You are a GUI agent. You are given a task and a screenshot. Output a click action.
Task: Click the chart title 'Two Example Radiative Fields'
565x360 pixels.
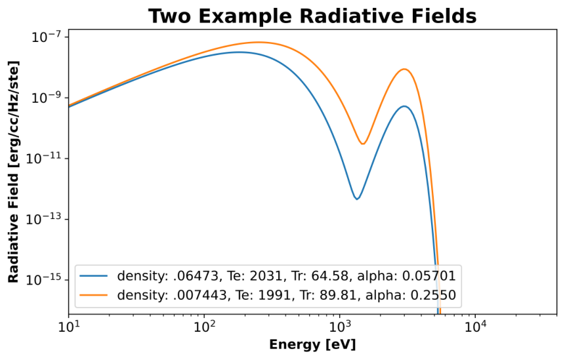click(x=312, y=16)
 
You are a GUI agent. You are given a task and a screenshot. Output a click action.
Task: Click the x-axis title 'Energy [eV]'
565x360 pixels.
click(x=312, y=345)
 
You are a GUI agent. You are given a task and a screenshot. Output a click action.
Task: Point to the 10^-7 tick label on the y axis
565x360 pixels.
click(x=45, y=37)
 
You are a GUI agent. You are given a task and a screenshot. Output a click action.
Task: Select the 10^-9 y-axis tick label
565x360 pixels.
click(x=45, y=98)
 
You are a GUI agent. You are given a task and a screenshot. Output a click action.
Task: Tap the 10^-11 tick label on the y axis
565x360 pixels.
click(x=42, y=159)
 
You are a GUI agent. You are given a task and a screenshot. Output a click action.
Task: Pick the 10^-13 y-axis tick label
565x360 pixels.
click(x=42, y=219)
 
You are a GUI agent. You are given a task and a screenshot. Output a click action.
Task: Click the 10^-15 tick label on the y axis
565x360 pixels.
click(x=42, y=280)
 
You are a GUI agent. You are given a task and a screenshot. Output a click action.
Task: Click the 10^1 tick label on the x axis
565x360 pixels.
click(x=68, y=327)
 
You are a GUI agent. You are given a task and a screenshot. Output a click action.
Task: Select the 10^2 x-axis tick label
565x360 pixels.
click(x=204, y=327)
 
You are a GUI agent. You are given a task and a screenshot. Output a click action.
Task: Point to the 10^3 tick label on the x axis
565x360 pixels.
click(x=339, y=327)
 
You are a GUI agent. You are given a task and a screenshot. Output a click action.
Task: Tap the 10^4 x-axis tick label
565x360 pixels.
click(x=475, y=327)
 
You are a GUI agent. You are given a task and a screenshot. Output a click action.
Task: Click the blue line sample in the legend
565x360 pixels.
click(x=94, y=276)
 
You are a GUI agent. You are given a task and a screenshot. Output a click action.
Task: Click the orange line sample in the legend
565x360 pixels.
click(x=94, y=295)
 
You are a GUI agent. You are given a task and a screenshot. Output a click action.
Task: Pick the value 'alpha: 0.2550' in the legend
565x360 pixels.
click(x=411, y=295)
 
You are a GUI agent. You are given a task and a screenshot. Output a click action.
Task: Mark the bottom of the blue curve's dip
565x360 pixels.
click(x=357, y=199)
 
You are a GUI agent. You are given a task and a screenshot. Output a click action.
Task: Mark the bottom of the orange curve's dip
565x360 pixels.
click(x=363, y=144)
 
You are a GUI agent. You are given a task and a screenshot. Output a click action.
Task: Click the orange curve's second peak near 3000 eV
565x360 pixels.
click(x=404, y=69)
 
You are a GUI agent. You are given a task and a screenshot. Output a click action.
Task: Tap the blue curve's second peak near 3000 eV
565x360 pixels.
click(x=404, y=106)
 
